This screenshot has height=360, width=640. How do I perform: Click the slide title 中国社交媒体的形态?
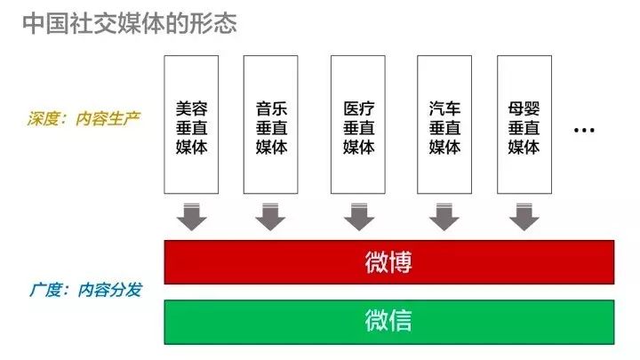pyautogui.click(x=130, y=23)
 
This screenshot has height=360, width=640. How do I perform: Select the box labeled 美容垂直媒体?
pyautogui.click(x=191, y=124)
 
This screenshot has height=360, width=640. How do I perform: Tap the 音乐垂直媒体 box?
pyautogui.click(x=270, y=124)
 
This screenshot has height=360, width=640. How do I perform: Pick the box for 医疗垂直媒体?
pyautogui.click(x=358, y=124)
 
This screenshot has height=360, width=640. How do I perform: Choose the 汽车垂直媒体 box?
pyautogui.click(x=444, y=124)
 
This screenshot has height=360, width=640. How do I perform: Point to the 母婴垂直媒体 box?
pyautogui.click(x=524, y=124)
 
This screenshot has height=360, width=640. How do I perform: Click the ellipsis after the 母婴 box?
pyautogui.click(x=584, y=131)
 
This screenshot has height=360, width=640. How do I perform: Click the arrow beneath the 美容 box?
pyautogui.click(x=191, y=217)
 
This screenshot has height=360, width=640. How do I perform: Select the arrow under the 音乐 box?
pyautogui.click(x=270, y=217)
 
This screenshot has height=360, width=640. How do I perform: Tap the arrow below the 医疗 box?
pyautogui.click(x=359, y=217)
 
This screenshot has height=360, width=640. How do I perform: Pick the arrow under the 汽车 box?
pyautogui.click(x=444, y=217)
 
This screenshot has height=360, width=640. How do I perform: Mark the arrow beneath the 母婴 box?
pyautogui.click(x=524, y=217)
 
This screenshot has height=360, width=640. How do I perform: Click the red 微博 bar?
pyautogui.click(x=389, y=262)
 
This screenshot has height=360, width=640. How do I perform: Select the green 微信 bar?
pyautogui.click(x=389, y=322)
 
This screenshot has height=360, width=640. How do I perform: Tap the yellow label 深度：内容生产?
pyautogui.click(x=84, y=119)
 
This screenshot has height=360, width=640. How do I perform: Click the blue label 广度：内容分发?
pyautogui.click(x=85, y=290)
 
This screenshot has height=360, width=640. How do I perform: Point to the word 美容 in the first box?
pyautogui.click(x=191, y=108)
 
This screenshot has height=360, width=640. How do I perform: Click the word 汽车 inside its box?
pyautogui.click(x=444, y=108)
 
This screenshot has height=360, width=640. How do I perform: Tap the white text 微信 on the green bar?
pyautogui.click(x=388, y=320)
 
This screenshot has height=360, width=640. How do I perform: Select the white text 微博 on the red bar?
pyautogui.click(x=388, y=262)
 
